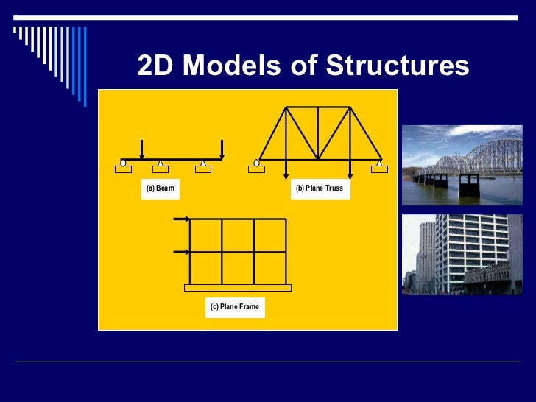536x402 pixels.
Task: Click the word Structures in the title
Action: coord(398,66)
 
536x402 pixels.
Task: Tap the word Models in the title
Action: coord(228,66)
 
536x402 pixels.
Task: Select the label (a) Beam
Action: coord(161,188)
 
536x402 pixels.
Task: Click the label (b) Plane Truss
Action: coord(319,188)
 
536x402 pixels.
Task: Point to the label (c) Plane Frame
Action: coord(234,306)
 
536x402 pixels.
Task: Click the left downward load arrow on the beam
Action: coord(142,149)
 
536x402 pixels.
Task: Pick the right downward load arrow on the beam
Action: coord(222,149)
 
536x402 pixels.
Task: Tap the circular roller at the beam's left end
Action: coord(123,162)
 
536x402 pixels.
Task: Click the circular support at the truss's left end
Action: coord(256,162)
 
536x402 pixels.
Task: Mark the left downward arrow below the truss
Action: coord(286,169)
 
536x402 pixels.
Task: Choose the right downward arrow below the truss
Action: coord(350,169)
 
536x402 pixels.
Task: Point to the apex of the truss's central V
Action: coord(318,158)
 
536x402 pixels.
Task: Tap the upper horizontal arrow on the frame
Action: coord(181,219)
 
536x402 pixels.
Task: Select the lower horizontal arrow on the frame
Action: coord(181,253)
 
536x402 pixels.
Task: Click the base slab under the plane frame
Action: coord(237,288)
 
